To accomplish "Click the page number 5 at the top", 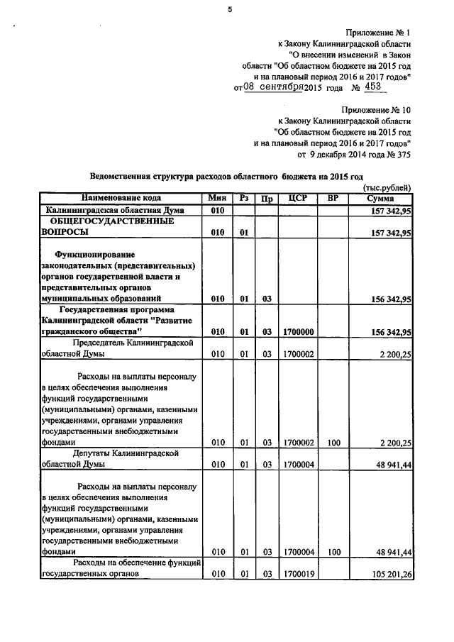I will click(x=229, y=9).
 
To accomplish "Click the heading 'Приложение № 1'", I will click(x=378, y=33).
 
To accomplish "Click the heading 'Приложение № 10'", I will click(x=375, y=111).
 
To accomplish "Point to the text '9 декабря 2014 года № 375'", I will click(x=353, y=153).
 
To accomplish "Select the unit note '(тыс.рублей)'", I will click(x=387, y=187).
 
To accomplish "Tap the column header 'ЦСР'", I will click(x=298, y=198).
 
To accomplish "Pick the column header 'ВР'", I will click(x=333, y=198).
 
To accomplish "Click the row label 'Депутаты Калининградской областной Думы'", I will click(x=118, y=458).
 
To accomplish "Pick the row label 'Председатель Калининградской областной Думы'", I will click(x=118, y=348).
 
